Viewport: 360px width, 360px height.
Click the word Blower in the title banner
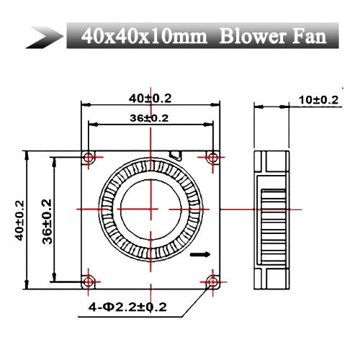tap(253, 37)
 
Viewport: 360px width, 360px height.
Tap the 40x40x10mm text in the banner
tap(144, 37)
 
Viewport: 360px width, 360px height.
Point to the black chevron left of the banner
tap(45, 37)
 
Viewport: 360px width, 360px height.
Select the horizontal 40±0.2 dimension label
tap(150, 99)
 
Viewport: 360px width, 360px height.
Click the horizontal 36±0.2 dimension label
tap(149, 118)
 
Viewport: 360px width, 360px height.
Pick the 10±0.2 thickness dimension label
tap(318, 100)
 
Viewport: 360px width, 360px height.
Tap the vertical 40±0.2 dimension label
tap(19, 221)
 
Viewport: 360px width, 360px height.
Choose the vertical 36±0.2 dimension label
tap(47, 222)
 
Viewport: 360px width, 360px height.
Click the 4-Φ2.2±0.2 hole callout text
tap(127, 307)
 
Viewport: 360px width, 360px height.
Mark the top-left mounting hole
tap(89, 158)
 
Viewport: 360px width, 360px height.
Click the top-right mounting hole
tap(212, 158)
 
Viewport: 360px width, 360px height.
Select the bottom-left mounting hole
tap(89, 282)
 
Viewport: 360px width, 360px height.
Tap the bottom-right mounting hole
tap(212, 282)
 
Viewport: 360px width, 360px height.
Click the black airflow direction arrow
tap(200, 254)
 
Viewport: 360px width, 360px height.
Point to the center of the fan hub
tap(150, 210)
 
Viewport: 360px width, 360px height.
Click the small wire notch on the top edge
tap(176, 155)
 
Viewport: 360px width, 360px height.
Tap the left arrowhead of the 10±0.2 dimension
tap(259, 107)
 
